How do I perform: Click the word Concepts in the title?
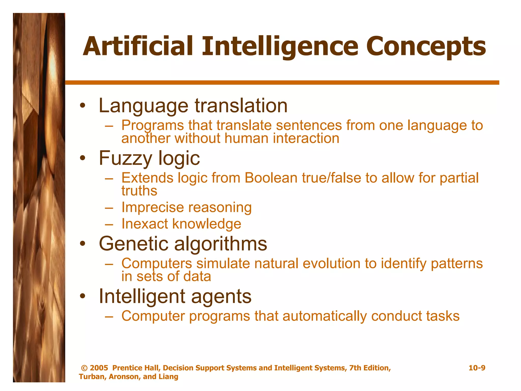(426, 47)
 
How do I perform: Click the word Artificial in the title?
(138, 47)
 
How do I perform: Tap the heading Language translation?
(193, 106)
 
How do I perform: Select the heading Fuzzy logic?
(149, 158)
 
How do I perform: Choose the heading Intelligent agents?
(175, 297)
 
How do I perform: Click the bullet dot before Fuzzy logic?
(82, 158)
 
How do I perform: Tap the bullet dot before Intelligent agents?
(82, 296)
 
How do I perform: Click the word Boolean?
(271, 178)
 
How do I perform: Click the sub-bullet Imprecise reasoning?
(186, 207)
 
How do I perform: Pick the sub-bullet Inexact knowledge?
(181, 224)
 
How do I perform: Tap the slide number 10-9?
(477, 368)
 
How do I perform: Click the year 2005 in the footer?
(99, 368)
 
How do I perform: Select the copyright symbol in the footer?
(84, 368)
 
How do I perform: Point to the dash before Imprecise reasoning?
(109, 208)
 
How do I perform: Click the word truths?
(139, 191)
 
